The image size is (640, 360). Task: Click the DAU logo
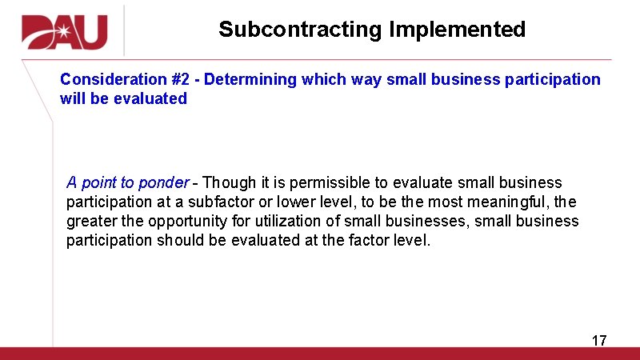(x=65, y=31)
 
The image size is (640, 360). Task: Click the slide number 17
(x=599, y=341)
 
